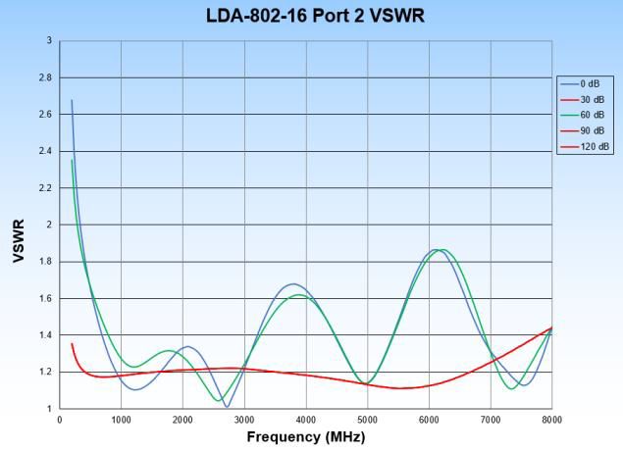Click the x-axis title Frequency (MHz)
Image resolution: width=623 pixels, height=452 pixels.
point(305,437)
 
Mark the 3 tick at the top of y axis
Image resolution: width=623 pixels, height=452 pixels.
point(49,41)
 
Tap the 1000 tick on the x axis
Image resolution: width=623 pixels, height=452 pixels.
point(122,421)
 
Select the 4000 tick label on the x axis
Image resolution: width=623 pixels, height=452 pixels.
point(306,421)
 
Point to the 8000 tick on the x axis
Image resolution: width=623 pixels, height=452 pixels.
point(551,421)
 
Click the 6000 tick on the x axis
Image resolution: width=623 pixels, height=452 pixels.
point(429,421)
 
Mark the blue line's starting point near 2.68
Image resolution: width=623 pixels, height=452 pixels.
point(72,100)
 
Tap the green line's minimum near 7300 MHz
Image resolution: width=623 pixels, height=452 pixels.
point(511,389)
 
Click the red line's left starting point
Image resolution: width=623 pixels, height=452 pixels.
point(72,344)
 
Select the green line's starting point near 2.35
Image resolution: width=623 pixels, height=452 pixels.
point(72,160)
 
